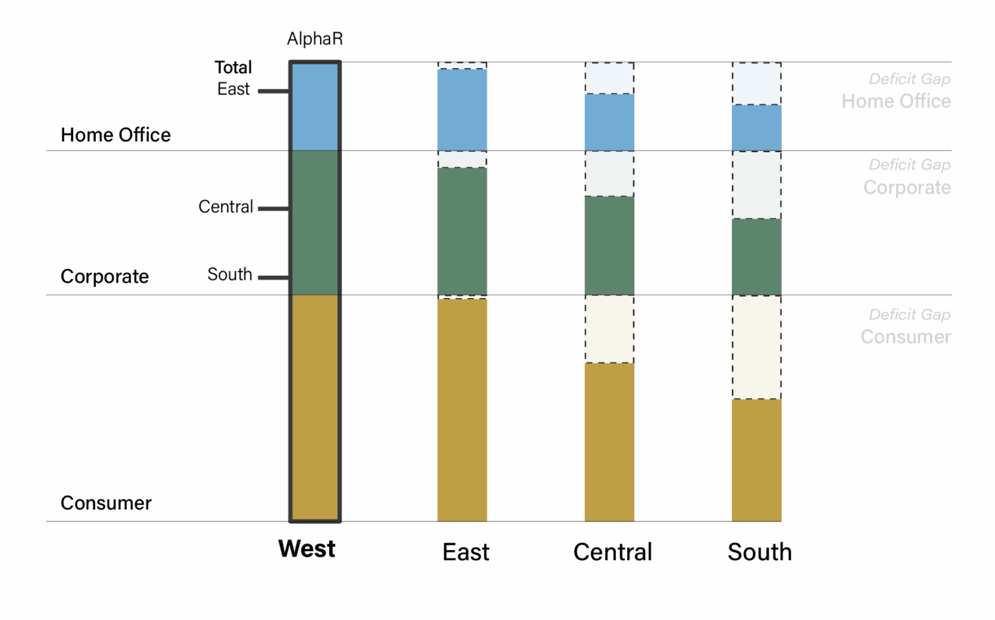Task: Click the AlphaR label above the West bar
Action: pos(315,39)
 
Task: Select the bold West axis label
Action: pos(306,549)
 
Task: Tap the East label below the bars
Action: pos(465,552)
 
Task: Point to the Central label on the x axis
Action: pos(612,552)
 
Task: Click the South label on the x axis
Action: pos(759,552)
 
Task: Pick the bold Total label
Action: pos(233,67)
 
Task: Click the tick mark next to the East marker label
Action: pos(273,91)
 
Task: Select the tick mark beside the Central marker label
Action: pos(273,209)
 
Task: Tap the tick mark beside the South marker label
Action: pos(273,277)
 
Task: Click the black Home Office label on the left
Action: pos(115,135)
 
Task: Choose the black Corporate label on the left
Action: pos(104,277)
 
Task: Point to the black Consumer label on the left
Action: pos(106,503)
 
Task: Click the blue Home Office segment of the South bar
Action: pos(756,128)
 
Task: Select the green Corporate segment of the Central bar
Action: pos(609,245)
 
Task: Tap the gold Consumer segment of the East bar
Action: pos(462,409)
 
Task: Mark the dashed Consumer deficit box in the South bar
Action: pos(756,347)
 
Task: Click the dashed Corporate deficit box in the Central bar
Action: pos(609,174)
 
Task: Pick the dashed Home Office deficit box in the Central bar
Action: pos(609,78)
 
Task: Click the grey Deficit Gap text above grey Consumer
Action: pos(909,315)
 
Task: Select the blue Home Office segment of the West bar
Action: pos(315,108)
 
